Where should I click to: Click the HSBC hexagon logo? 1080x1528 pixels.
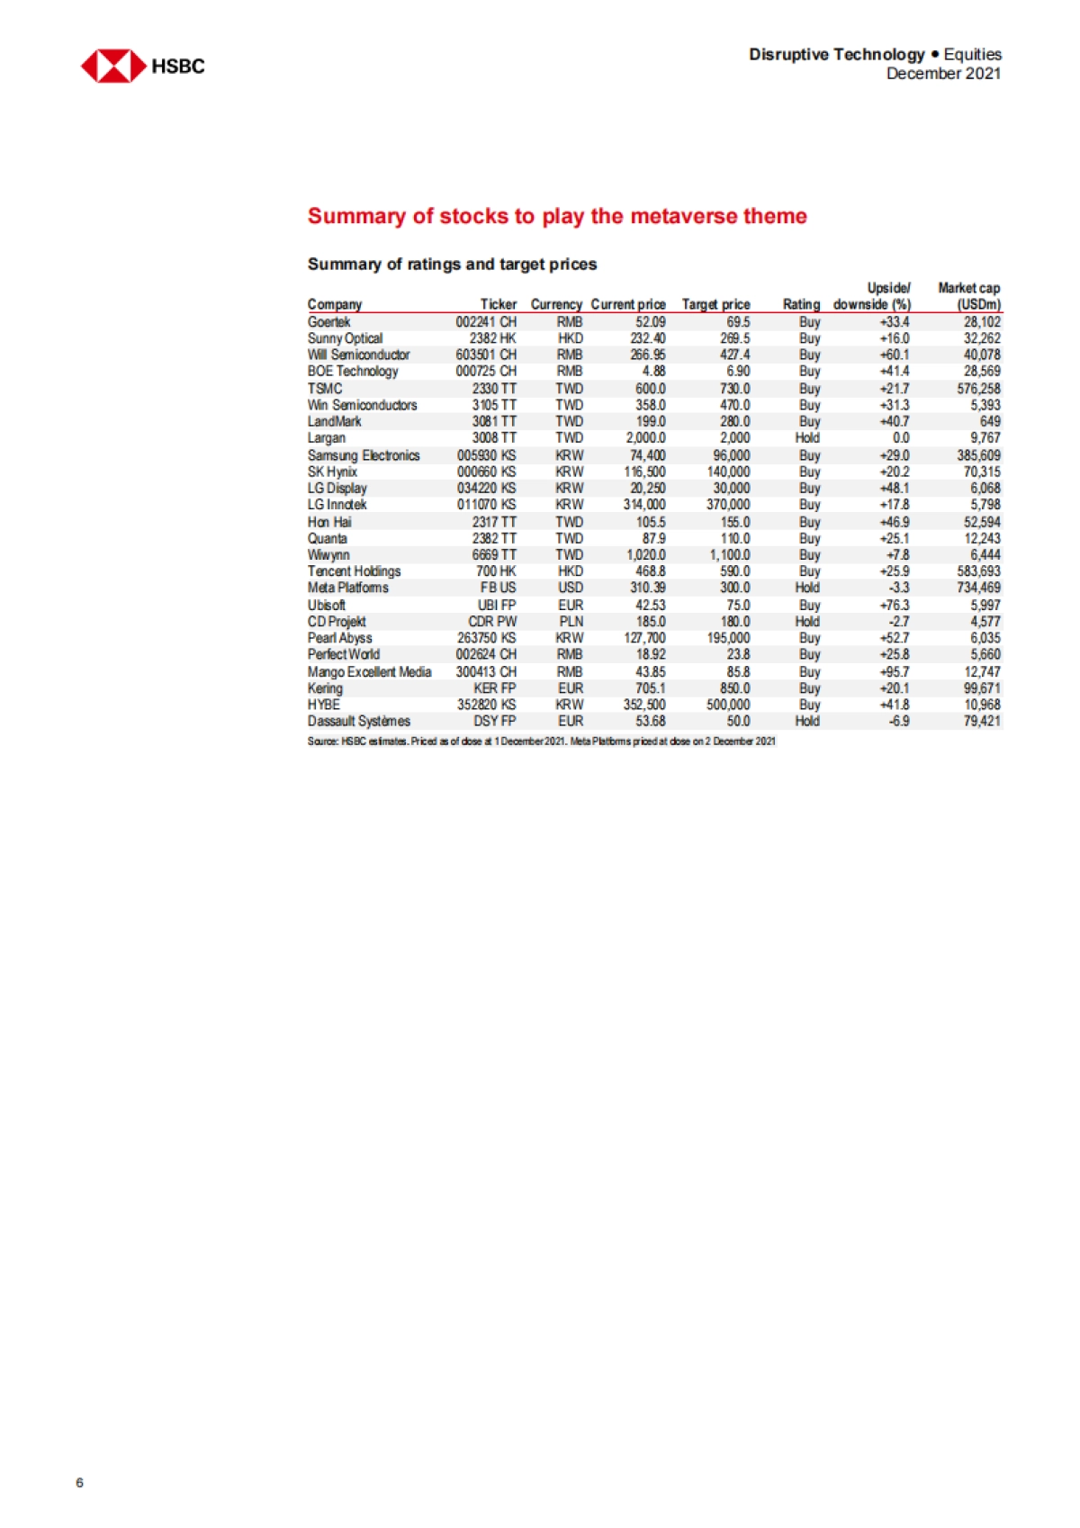click(x=112, y=66)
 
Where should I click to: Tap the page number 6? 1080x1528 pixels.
click(x=79, y=1482)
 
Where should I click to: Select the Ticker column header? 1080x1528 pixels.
click(x=498, y=304)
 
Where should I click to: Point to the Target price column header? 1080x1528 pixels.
click(x=715, y=304)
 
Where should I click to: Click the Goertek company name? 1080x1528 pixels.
click(x=329, y=321)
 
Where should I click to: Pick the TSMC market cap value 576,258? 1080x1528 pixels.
click(x=978, y=389)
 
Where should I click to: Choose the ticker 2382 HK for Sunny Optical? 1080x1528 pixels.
click(x=493, y=338)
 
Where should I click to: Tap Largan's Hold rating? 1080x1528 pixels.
click(x=807, y=438)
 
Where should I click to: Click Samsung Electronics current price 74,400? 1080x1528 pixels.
click(x=647, y=455)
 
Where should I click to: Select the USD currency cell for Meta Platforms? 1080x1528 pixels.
click(x=570, y=588)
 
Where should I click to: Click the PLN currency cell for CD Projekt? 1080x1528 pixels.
click(x=571, y=622)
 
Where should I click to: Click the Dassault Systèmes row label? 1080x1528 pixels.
click(x=359, y=721)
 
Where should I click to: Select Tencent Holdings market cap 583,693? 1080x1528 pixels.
click(x=978, y=571)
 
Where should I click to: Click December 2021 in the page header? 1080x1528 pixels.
click(x=943, y=74)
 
